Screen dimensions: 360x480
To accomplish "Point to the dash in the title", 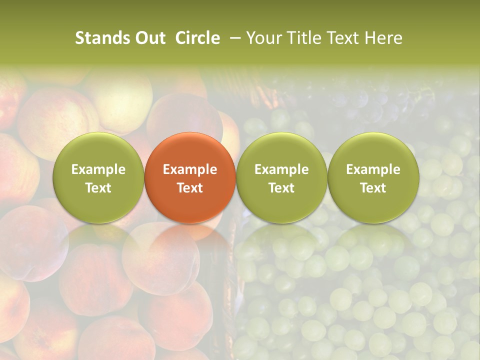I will pos(233,38).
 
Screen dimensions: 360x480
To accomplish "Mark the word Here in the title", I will pos(384,38).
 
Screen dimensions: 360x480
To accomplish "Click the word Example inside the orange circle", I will pos(190,169).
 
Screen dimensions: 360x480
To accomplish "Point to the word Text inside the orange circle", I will pos(190,188).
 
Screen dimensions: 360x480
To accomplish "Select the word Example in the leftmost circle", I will pos(98,169).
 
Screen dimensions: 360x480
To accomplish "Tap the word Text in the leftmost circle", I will pos(98,188).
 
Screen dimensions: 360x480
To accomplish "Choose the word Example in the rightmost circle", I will pos(373,169).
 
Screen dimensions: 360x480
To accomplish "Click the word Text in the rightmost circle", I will pos(373,188).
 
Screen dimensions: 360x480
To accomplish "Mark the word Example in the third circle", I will pos(281,169).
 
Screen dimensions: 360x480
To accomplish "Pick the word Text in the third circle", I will pos(281,188).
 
